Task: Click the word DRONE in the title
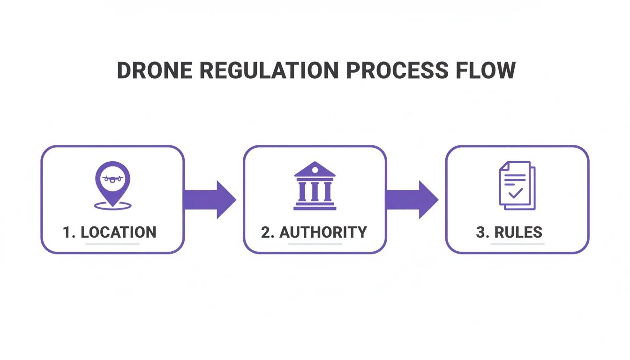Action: (x=155, y=71)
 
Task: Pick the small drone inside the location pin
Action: (x=112, y=178)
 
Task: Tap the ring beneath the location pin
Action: (x=112, y=205)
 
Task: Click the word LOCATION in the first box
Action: (x=119, y=232)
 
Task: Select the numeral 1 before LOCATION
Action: (x=67, y=232)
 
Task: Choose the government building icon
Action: (x=315, y=186)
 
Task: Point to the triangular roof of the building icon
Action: (x=315, y=170)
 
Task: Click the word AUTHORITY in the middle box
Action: (x=323, y=232)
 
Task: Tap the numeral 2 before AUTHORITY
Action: (x=266, y=232)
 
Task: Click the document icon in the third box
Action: (x=517, y=185)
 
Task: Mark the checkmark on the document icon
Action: (x=516, y=193)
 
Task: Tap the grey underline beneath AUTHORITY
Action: (x=315, y=244)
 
